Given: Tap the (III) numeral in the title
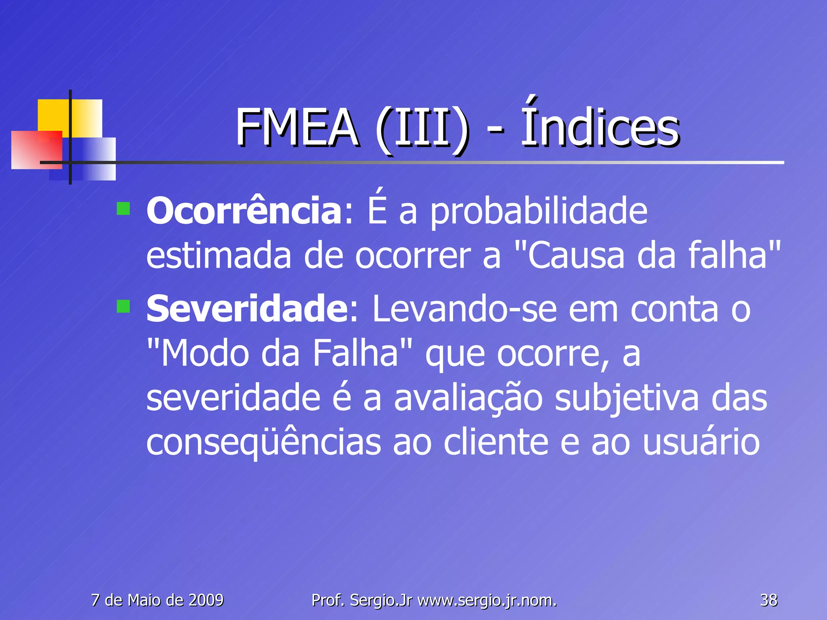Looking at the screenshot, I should click(x=422, y=129).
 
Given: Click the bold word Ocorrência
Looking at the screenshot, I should click(x=244, y=211).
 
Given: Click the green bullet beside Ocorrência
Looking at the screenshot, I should click(x=123, y=209).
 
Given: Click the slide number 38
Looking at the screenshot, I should click(x=768, y=600).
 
